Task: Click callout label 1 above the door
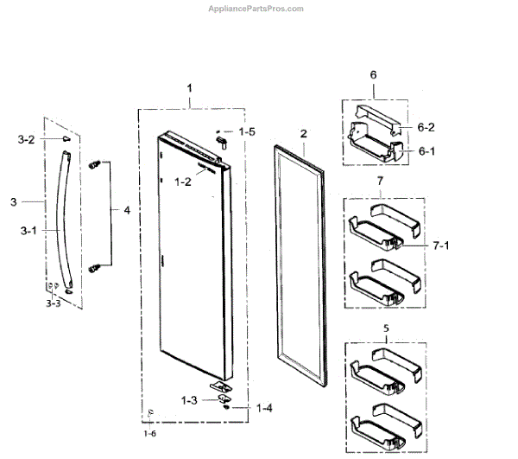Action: click(190, 89)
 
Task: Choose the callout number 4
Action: click(126, 210)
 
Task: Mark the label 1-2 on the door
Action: click(182, 182)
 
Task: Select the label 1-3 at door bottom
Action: click(190, 400)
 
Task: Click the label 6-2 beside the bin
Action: click(426, 127)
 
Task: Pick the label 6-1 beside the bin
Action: click(426, 150)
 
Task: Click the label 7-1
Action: click(440, 245)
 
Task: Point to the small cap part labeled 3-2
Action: click(65, 137)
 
